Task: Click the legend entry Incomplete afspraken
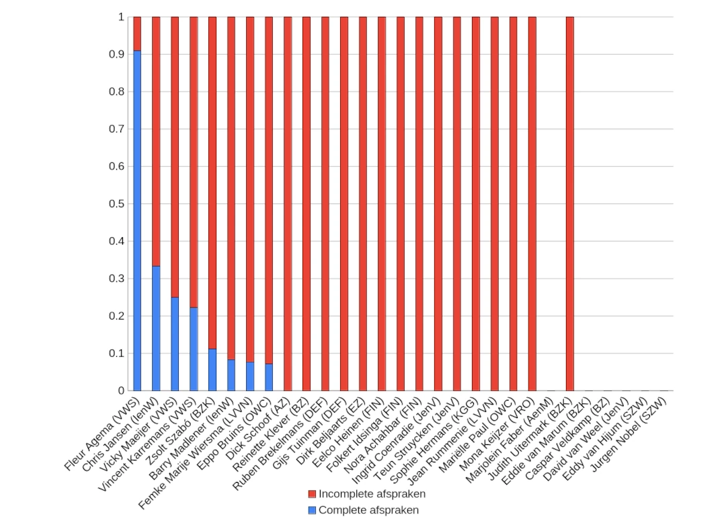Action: click(372, 493)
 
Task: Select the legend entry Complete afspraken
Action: click(368, 510)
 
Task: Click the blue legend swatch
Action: click(312, 510)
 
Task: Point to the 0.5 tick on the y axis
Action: click(116, 203)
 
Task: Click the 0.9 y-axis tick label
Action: click(116, 54)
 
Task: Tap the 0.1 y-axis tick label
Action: click(116, 353)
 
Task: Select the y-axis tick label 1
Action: click(121, 17)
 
